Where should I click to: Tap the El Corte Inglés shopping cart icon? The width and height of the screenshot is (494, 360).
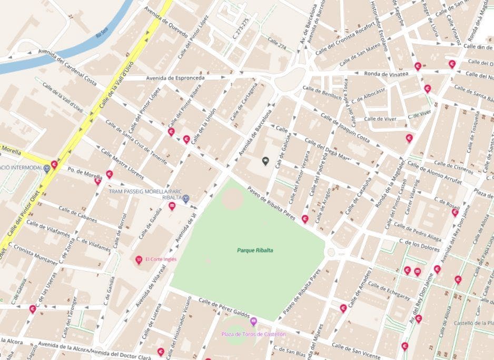coord(139,259)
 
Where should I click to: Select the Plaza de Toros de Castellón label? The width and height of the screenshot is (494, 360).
coord(253,334)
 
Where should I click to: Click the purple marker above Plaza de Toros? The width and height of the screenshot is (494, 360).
coord(253,321)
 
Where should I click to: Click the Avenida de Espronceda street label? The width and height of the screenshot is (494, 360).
coord(172,77)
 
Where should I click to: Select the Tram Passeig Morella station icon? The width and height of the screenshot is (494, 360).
coord(186,198)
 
